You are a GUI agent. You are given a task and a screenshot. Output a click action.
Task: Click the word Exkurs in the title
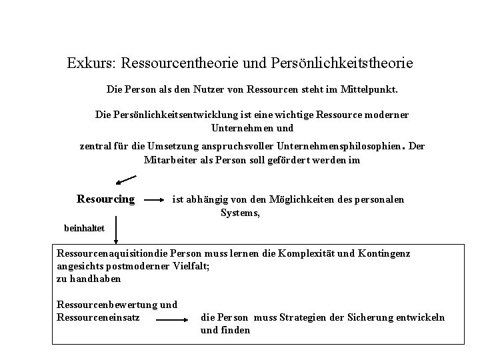pos(91,63)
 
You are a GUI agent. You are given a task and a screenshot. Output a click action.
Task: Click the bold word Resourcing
pos(106,199)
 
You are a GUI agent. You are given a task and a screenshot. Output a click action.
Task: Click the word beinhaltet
pos(84,227)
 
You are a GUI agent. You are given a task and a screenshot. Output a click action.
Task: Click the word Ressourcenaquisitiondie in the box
pos(113,254)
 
